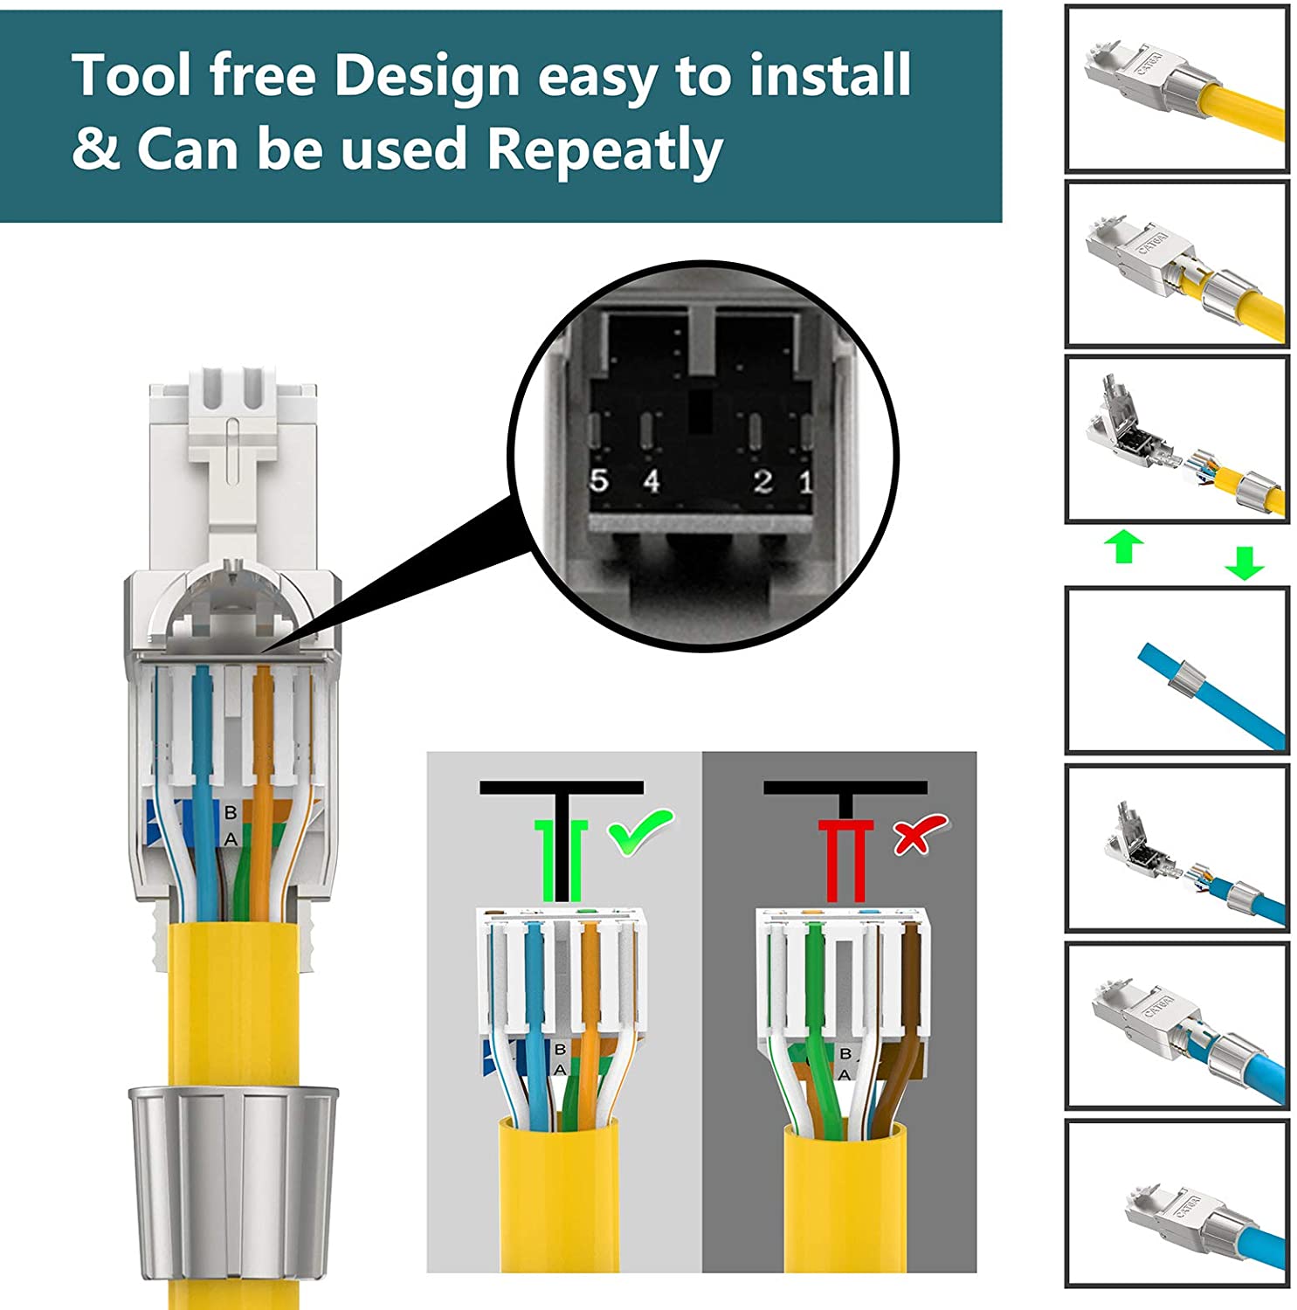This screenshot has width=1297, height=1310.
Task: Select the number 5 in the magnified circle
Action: (598, 480)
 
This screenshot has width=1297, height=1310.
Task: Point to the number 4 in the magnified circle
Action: (652, 480)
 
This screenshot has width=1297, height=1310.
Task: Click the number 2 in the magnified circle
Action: (762, 480)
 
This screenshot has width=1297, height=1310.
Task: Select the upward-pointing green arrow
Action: (1124, 547)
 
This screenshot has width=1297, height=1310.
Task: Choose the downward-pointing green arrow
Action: (1244, 562)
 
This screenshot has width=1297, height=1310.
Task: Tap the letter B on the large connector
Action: (231, 812)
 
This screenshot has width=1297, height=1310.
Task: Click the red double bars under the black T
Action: (845, 861)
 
